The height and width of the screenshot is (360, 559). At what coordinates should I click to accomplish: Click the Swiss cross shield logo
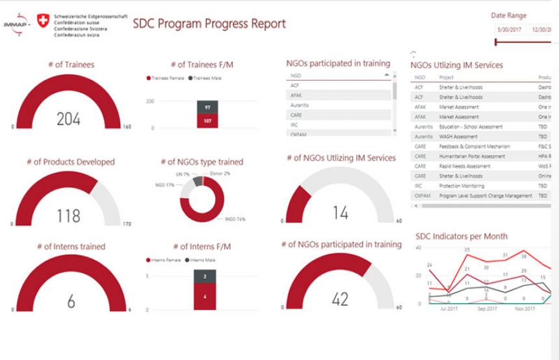(44, 21)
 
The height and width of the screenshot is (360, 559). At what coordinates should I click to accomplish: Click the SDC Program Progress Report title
(209, 24)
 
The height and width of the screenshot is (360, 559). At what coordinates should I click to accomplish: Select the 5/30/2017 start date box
(509, 29)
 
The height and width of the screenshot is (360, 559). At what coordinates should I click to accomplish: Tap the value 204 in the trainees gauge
(68, 119)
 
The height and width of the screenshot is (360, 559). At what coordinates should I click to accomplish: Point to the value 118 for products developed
(68, 216)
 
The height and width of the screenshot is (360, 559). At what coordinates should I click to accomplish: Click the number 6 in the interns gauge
(71, 302)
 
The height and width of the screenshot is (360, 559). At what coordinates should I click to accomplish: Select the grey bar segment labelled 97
(207, 107)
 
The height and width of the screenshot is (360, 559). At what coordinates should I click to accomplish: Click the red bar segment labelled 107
(207, 121)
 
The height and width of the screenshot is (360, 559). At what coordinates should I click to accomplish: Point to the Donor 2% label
(220, 174)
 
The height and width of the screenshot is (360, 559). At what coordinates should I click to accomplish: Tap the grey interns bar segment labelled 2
(205, 276)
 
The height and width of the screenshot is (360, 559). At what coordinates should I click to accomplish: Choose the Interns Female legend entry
(165, 260)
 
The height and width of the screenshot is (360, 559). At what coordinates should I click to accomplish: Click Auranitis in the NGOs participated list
(299, 105)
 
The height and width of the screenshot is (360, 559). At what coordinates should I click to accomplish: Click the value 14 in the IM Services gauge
(340, 212)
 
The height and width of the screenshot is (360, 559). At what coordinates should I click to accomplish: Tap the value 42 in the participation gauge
(340, 298)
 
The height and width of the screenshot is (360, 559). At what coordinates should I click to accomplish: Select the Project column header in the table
(447, 77)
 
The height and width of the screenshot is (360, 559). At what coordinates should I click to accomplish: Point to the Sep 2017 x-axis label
(487, 309)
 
